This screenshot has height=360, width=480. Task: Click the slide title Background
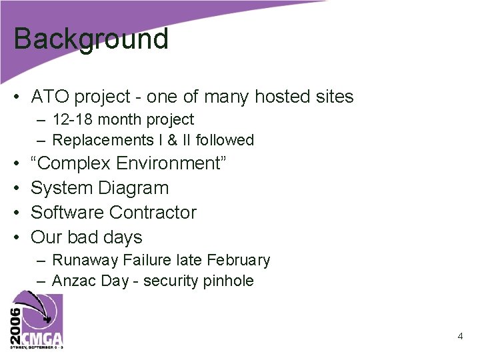91,39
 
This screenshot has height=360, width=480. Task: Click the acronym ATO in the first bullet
50,97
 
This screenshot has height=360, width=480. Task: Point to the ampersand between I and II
171,140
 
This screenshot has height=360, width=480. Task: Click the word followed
225,140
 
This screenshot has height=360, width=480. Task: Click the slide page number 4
460,337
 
